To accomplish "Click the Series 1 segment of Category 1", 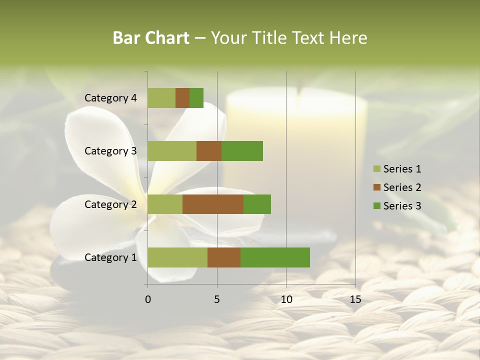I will (177, 257).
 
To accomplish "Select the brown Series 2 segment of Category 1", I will (224, 257).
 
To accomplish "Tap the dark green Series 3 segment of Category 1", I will (275, 257).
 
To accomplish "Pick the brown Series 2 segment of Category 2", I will (213, 204).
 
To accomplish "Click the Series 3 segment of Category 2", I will (257, 204).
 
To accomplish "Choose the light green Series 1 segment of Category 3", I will (172, 151).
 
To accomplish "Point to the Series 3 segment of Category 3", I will (242, 151).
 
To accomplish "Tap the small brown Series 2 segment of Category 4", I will (182, 98).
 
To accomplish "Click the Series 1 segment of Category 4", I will (161, 98).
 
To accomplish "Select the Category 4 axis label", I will (110, 98).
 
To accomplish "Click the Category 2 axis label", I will (110, 204).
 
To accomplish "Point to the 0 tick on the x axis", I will (148, 299).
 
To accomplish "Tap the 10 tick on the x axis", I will (286, 299).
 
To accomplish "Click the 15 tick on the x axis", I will (355, 299).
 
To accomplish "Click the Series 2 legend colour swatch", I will (377, 187).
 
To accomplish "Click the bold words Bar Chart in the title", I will (151, 38).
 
